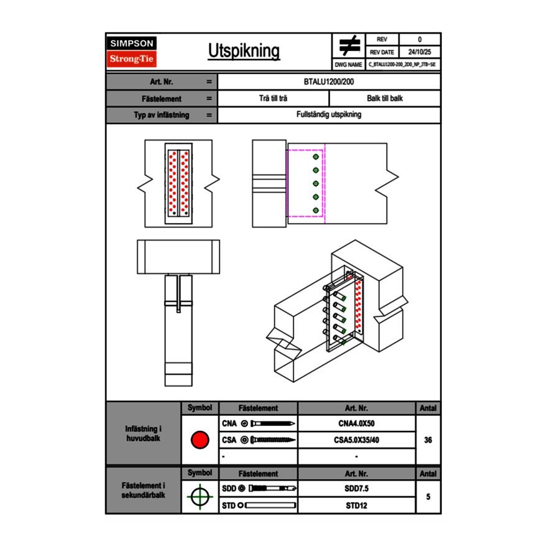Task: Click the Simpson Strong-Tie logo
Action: click(132, 52)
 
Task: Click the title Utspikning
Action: click(244, 52)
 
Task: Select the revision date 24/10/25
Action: click(420, 52)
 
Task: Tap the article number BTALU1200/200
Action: click(329, 81)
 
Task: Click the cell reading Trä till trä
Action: click(273, 99)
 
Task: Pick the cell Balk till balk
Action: click(385, 99)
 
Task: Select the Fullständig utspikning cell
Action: click(329, 115)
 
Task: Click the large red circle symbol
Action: click(200, 440)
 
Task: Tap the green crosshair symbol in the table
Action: click(200, 497)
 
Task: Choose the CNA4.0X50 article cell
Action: click(356, 424)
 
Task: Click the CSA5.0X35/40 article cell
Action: click(356, 440)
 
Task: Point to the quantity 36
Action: click(428, 440)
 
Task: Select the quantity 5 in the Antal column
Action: click(428, 497)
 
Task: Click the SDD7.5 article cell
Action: click(356, 489)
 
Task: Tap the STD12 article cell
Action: click(356, 505)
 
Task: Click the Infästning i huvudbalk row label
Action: click(144, 434)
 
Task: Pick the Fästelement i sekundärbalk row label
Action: click(144, 490)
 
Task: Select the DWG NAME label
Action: click(348, 65)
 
